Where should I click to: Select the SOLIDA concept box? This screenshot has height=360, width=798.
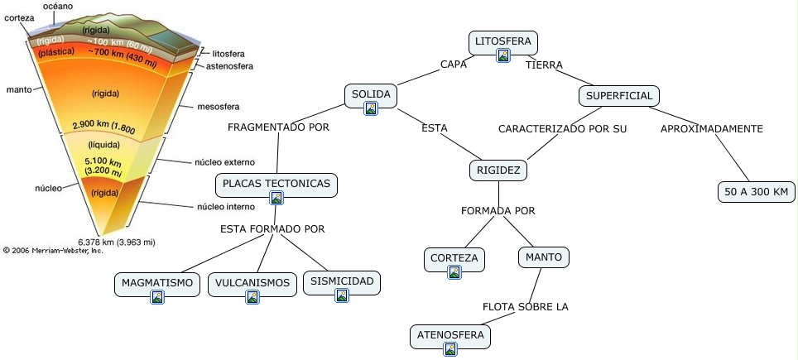coord(370,94)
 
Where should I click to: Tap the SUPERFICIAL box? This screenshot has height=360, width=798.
coord(619,95)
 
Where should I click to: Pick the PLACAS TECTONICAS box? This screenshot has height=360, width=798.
coord(276,183)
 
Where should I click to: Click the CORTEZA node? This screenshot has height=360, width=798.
coord(454,258)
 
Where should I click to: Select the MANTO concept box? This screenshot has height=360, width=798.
coord(544,257)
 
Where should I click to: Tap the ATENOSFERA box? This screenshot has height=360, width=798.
coord(449,335)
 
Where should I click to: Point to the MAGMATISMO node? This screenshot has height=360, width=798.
coord(156,283)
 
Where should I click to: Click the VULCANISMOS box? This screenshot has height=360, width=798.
coord(252,283)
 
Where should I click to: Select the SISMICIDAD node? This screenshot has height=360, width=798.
coord(342,281)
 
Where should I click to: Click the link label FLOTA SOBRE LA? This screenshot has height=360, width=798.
coord(526,306)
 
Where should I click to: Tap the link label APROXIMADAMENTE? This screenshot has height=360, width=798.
coord(711,128)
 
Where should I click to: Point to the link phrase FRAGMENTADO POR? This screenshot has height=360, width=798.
coord(278,127)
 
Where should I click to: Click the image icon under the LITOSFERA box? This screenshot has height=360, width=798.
coord(503,56)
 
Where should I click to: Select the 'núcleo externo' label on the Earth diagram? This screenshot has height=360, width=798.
coord(224,162)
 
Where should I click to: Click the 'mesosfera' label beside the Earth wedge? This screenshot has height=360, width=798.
coord(218,107)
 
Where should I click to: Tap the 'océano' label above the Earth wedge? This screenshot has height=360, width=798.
coord(58,6)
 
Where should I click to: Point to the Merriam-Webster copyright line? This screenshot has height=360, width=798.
coord(53,249)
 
